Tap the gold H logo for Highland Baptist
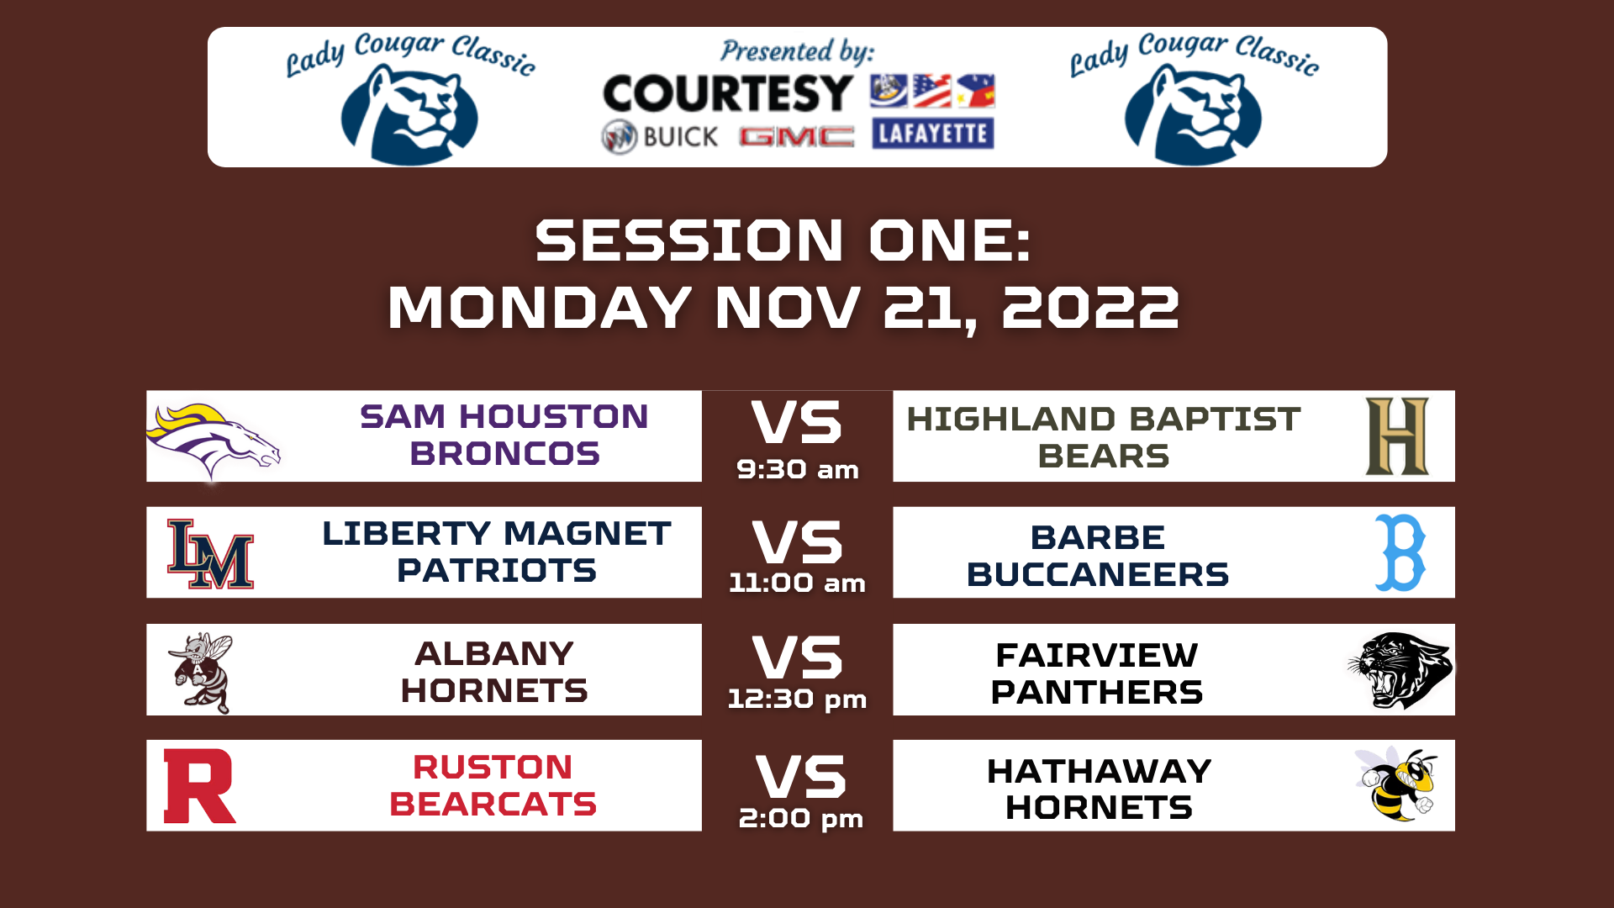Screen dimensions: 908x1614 pyautogui.click(x=1397, y=436)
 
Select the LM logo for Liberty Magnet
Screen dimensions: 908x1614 pyautogui.click(x=210, y=554)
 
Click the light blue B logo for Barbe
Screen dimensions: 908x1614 pyautogui.click(x=1400, y=553)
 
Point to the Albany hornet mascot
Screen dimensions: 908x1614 pyautogui.click(x=203, y=672)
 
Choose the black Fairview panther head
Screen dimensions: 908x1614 pyautogui.click(x=1400, y=670)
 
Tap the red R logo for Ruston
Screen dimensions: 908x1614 pyautogui.click(x=198, y=786)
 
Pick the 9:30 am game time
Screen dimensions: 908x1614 pyautogui.click(x=798, y=469)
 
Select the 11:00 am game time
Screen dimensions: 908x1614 pyautogui.click(x=797, y=583)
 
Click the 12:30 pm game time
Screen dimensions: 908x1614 pyautogui.click(x=797, y=699)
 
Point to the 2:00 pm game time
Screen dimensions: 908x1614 pyautogui.click(x=800, y=818)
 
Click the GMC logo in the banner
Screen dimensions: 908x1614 pyautogui.click(x=796, y=136)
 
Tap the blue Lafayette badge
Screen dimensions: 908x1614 pyautogui.click(x=933, y=134)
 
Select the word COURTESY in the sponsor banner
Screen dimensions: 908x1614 pyautogui.click(x=728, y=92)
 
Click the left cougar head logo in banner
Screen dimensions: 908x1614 pyautogui.click(x=409, y=114)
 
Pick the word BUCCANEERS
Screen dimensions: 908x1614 pyautogui.click(x=1098, y=575)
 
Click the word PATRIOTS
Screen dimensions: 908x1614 pyautogui.click(x=497, y=571)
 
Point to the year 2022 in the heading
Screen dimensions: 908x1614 pyautogui.click(x=1091, y=308)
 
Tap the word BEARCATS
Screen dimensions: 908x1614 pyautogui.click(x=493, y=805)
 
